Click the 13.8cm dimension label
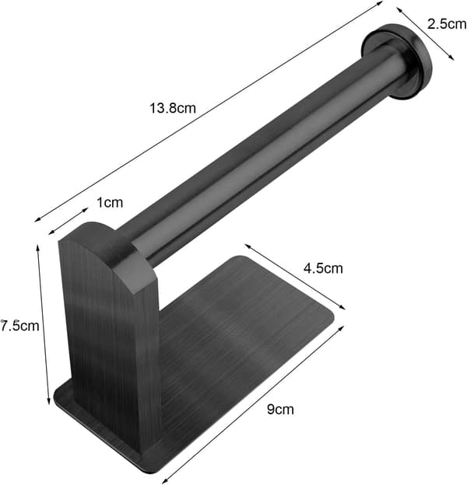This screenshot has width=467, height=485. click(173, 108)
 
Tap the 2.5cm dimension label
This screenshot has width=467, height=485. click(447, 24)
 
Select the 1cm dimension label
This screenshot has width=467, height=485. click(110, 203)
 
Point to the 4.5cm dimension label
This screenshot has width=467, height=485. click(323, 268)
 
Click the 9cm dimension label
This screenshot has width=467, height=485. click(280, 409)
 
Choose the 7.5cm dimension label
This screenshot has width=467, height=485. click(19, 326)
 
